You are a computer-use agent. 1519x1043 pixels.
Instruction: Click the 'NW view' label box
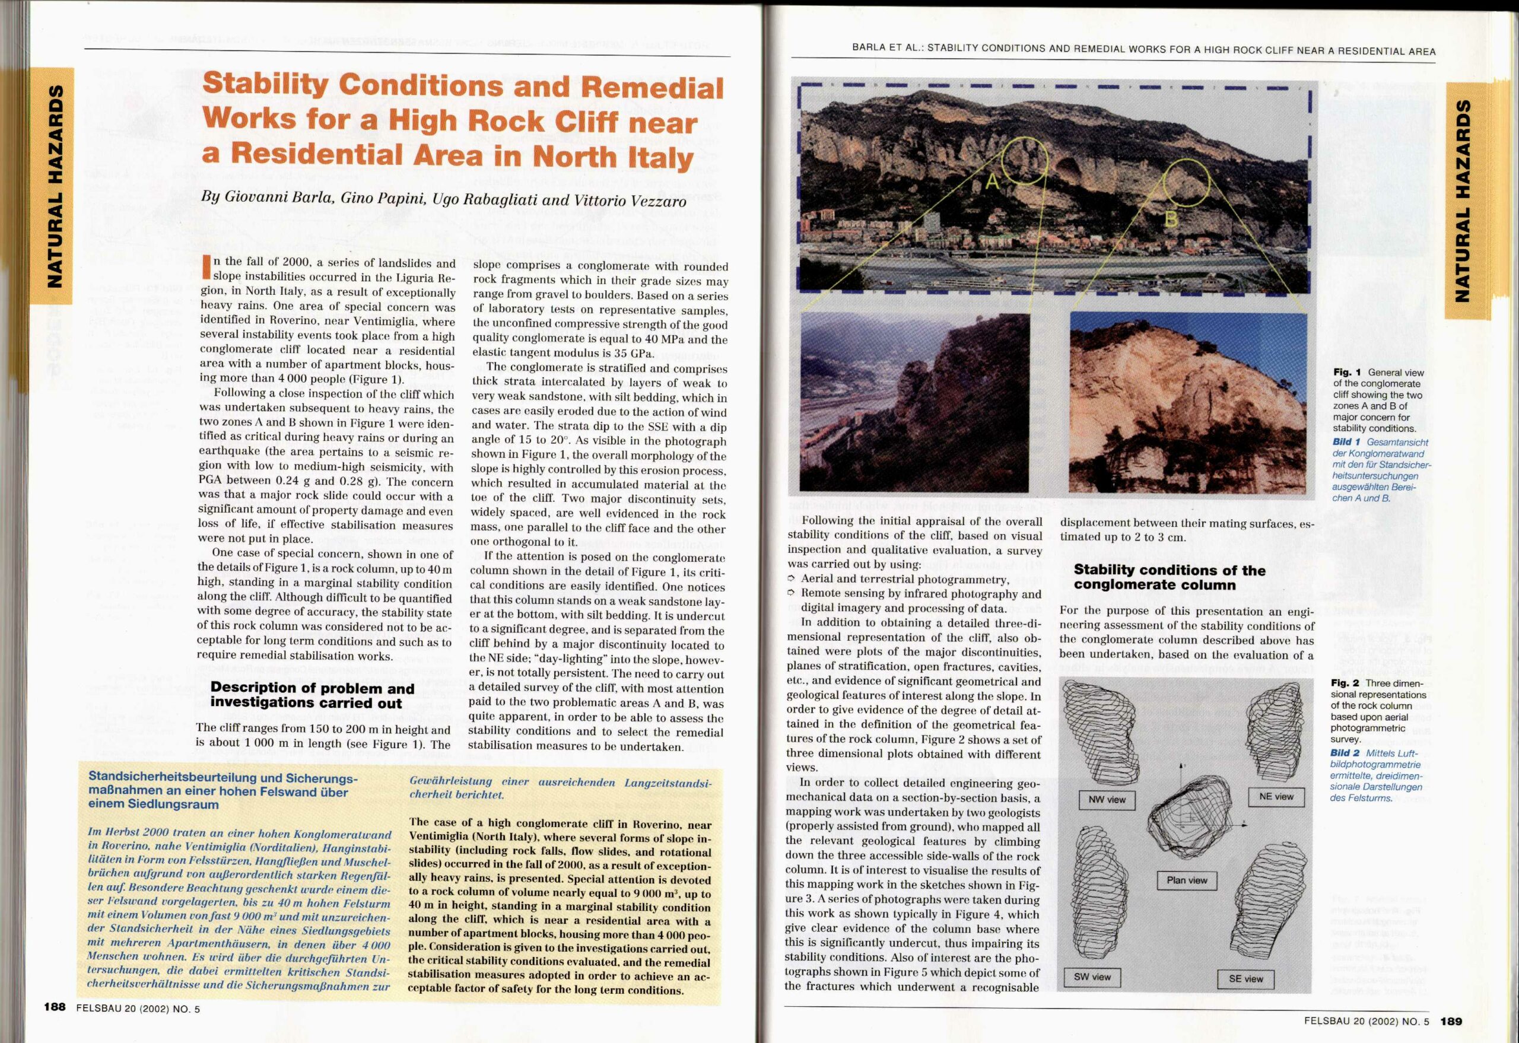click(x=1107, y=799)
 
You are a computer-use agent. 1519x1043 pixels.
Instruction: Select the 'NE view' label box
click(x=1276, y=796)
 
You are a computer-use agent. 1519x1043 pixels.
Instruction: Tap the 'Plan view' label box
click(x=1187, y=880)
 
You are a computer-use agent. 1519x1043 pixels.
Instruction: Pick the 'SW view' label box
click(x=1092, y=977)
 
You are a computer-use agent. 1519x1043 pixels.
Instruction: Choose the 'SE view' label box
click(x=1246, y=978)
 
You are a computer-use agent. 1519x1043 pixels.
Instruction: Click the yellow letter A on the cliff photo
click(x=992, y=182)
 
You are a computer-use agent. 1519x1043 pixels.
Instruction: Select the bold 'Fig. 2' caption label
click(x=1344, y=683)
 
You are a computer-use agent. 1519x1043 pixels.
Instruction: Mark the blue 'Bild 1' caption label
click(x=1346, y=443)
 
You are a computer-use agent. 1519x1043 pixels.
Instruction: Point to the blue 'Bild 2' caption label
click(x=1345, y=753)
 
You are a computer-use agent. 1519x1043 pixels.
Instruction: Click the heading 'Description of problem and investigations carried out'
click(x=312, y=695)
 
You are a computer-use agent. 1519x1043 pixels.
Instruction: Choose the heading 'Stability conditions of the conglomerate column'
click(x=1170, y=577)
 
